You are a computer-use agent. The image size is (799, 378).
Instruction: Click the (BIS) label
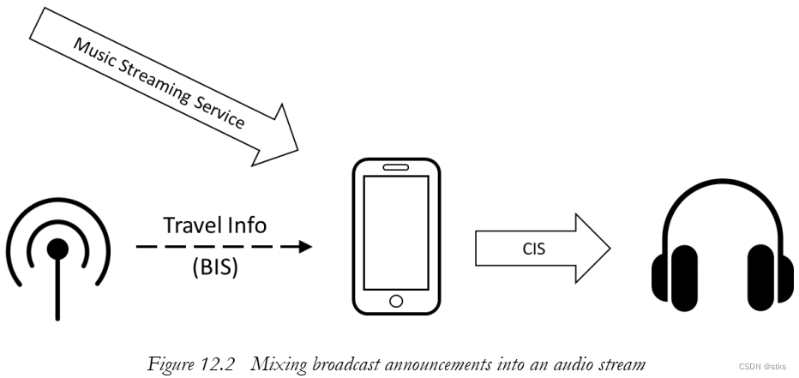(x=214, y=267)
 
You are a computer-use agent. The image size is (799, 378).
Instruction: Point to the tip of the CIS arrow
(x=610, y=249)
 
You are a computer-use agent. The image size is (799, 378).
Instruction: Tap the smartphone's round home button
(x=396, y=300)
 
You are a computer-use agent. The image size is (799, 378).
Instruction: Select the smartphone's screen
(x=396, y=231)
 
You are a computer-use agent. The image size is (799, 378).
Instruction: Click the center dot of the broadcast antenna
(x=57, y=249)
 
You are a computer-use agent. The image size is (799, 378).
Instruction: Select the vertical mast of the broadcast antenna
(x=57, y=291)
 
